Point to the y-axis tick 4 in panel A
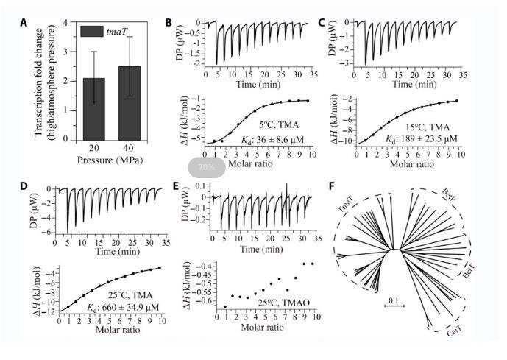click(65, 23)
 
